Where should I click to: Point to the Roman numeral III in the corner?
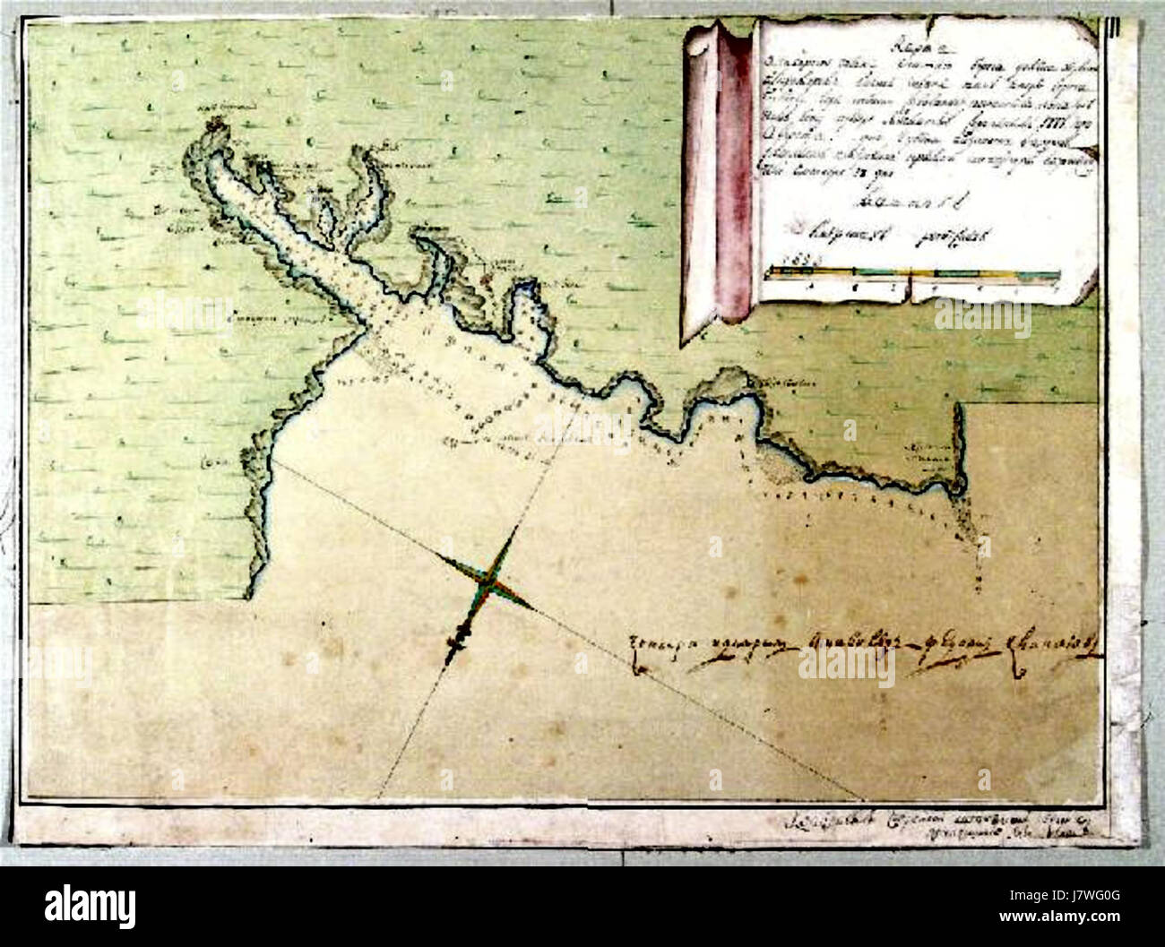click(x=1112, y=26)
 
